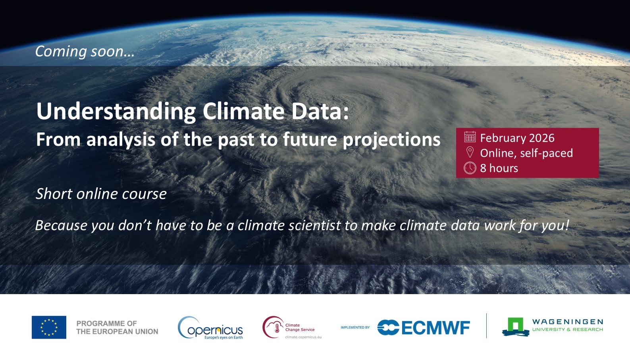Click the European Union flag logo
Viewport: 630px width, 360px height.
[49, 327]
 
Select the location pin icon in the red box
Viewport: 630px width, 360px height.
[470, 152]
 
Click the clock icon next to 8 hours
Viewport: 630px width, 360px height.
[470, 168]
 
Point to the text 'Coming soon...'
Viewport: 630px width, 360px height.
[85, 52]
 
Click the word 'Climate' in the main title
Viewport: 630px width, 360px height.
[244, 111]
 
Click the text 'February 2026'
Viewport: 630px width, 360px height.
[517, 138]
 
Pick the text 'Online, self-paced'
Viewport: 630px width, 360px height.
[526, 153]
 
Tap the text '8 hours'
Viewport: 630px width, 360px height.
[499, 168]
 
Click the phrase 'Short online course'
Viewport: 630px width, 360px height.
[101, 194]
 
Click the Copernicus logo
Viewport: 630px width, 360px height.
[210, 328]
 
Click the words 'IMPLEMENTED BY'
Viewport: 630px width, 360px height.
[355, 327]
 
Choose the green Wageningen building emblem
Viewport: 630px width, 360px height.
[515, 327]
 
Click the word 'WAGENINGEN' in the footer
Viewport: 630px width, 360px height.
[568, 321]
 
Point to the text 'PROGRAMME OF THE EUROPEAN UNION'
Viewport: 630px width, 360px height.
[117, 327]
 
